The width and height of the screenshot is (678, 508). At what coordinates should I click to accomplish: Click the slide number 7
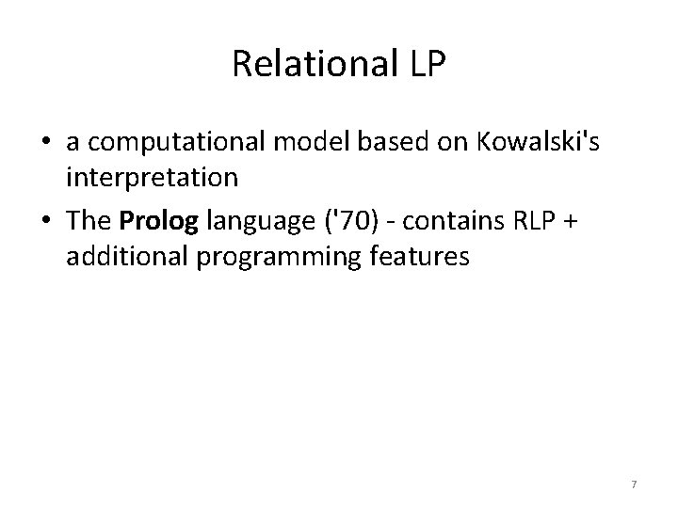pyautogui.click(x=634, y=484)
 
